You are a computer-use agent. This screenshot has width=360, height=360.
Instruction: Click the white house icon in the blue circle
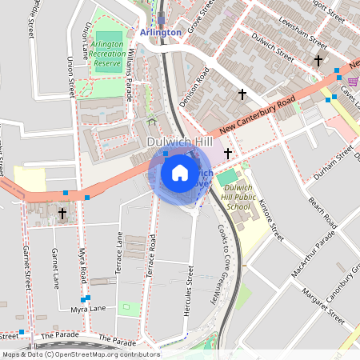180,173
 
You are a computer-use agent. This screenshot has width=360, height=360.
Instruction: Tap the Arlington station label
160,32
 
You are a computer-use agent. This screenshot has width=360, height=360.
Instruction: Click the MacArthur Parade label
314,257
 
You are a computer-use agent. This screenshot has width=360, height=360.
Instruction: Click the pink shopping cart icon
353,81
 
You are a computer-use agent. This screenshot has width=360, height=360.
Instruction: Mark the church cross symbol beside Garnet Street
62,214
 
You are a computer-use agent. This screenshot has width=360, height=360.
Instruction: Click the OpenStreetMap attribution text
80,354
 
